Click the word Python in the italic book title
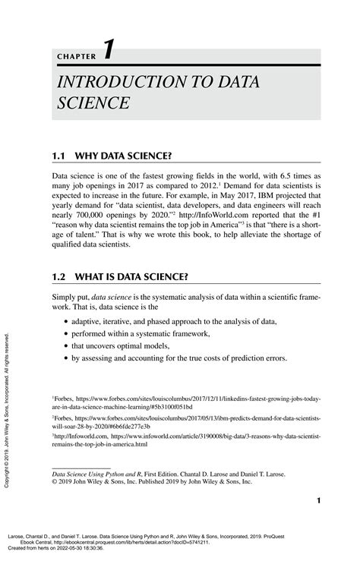pos(115,472)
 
